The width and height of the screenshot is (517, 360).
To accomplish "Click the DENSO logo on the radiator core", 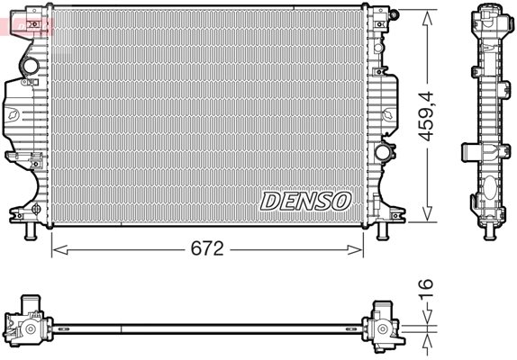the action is pyautogui.click(x=305, y=201).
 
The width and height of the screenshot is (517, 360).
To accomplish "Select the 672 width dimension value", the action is pyautogui.click(x=207, y=248).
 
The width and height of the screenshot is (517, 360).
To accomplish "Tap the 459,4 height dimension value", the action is pyautogui.click(x=427, y=115).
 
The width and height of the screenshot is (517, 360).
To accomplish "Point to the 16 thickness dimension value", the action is pyautogui.click(x=426, y=289).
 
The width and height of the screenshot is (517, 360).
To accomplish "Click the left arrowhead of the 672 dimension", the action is pyautogui.click(x=60, y=249).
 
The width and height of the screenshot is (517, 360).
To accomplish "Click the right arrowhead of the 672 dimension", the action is pyautogui.click(x=355, y=249).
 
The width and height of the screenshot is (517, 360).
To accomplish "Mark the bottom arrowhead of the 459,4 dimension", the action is pyautogui.click(x=427, y=212).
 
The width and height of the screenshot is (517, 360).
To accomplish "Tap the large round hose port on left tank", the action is pyautogui.click(x=30, y=66).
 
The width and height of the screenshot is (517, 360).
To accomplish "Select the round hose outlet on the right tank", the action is pyautogui.click(x=382, y=152).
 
